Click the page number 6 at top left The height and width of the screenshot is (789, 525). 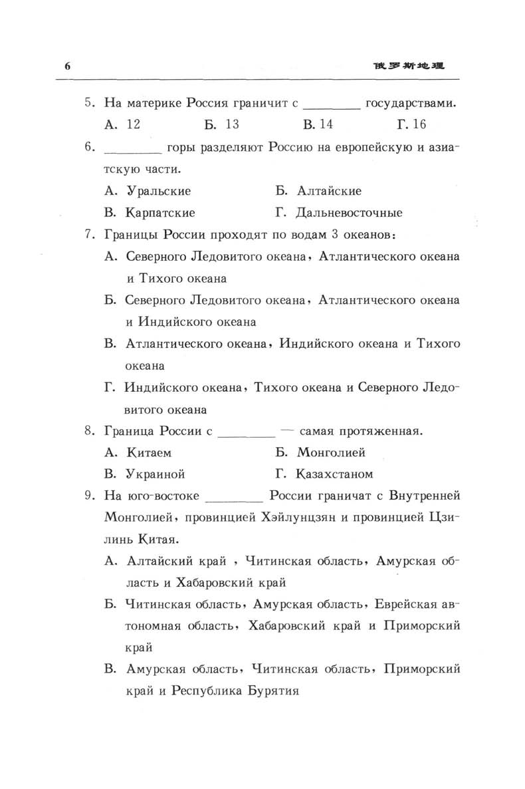[x=66, y=66]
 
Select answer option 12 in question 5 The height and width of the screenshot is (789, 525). [x=132, y=124]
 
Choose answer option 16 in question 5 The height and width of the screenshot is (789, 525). [x=419, y=124]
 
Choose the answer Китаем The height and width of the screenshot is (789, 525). [x=148, y=452]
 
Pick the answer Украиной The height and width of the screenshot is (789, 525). [x=155, y=474]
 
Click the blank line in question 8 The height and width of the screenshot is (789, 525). [x=246, y=432]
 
